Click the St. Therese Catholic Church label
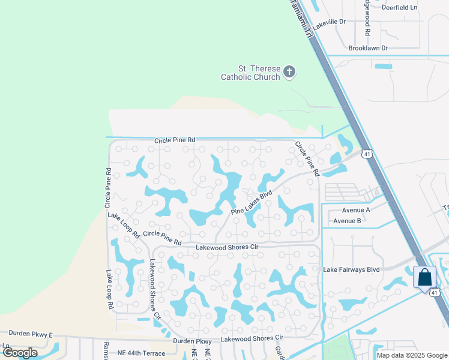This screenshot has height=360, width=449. pos(250,73)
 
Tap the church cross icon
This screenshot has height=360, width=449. pos(289,73)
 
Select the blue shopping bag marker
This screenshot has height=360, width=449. pos(424,278)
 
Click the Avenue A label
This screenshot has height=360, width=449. pos(356,210)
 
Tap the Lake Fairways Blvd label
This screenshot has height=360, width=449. pos(351,269)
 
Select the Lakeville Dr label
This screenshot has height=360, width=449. pos(330,23)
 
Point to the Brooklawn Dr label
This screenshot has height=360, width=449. pos(368,47)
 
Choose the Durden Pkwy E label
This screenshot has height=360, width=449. pos(31,334)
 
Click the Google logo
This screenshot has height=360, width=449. pos(20,353)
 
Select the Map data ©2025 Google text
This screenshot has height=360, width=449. pos(411,355)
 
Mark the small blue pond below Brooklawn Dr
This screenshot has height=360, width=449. pos(383,66)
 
